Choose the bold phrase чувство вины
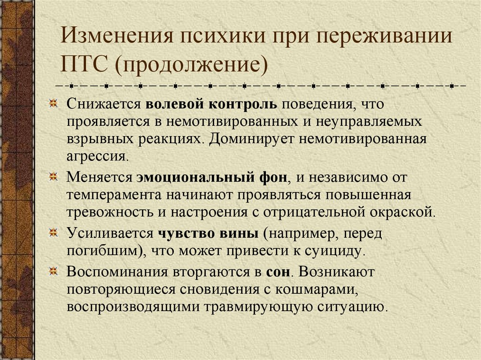pos(208,233)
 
